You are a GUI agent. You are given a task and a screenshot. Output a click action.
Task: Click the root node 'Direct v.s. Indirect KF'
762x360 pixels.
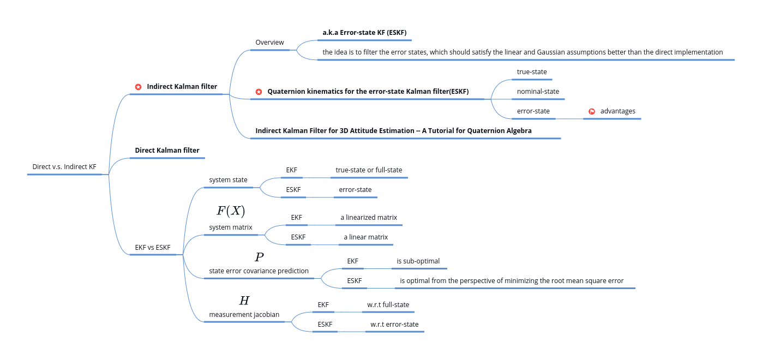coord(64,167)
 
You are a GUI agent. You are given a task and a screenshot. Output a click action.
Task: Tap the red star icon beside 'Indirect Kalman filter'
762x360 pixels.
coord(138,87)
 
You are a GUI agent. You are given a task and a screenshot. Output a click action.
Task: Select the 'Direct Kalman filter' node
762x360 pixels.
coord(167,151)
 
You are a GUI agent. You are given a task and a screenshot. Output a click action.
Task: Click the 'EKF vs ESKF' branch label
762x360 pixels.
coord(153,248)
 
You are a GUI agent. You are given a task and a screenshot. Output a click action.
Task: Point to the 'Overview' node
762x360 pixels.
coord(269,43)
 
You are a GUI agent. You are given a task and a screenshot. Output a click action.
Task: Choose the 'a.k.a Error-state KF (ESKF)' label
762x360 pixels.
coord(365,33)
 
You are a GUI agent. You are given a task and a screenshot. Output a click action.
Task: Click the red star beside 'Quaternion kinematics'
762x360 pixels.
coord(259,92)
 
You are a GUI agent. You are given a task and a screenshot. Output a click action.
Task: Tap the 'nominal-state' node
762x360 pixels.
coord(538,92)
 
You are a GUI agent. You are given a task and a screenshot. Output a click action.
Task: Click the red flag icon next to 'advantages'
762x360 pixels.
coord(592,111)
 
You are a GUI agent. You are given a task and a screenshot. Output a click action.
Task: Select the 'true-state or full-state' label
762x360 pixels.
coord(369,170)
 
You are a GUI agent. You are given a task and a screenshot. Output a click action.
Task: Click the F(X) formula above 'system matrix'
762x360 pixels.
coord(231,211)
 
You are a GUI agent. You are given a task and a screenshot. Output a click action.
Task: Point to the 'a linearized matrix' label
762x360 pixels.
coord(369,218)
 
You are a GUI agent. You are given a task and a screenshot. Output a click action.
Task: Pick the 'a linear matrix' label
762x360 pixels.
coord(365,237)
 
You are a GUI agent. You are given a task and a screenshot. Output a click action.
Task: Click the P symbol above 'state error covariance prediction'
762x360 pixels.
coord(259,257)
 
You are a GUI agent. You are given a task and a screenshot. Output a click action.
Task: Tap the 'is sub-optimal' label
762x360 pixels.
coord(418,261)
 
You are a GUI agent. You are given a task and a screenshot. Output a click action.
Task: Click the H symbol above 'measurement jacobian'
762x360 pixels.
coord(244,301)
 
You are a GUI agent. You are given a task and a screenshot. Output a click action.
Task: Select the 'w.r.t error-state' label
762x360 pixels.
coord(394,325)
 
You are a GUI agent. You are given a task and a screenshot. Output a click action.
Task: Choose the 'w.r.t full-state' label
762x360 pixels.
coord(388,305)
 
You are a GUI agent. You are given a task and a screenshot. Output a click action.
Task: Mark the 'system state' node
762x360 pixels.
coord(228,180)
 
